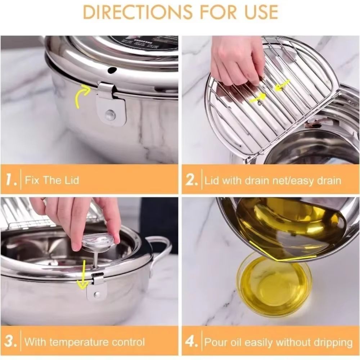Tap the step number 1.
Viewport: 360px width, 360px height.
pyautogui.click(x=11, y=180)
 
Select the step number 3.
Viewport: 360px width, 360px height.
pyautogui.click(x=11, y=341)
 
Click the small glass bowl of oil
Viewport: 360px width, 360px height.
pyautogui.click(x=274, y=284)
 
